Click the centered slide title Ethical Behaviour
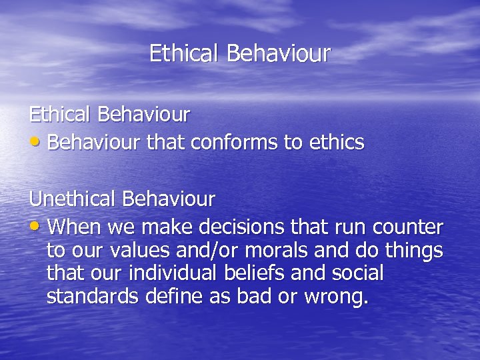(239, 53)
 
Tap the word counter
(408, 228)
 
